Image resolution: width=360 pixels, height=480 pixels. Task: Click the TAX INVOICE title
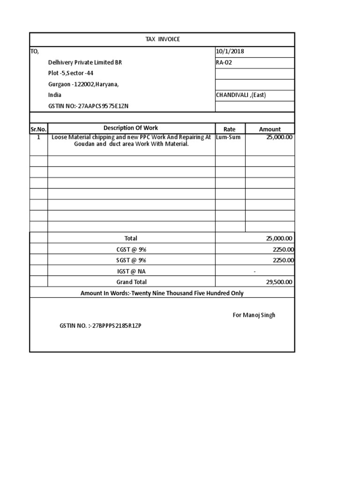click(162, 39)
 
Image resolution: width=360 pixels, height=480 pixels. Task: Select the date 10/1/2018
click(227, 52)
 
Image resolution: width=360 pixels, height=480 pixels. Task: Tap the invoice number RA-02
click(224, 62)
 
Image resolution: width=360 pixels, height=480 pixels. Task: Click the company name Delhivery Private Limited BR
click(85, 62)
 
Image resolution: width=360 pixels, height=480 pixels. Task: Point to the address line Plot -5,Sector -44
click(74, 73)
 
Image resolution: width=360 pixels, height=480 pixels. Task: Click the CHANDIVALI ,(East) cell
click(240, 95)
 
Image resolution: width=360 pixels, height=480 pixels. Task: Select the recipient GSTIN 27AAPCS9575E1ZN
click(89, 106)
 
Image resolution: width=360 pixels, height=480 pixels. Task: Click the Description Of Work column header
click(131, 128)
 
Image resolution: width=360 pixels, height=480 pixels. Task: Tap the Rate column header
click(229, 129)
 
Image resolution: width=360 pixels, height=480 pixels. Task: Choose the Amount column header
click(270, 129)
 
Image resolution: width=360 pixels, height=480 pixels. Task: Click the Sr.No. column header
click(38, 129)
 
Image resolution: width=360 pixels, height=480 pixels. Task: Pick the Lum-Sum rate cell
click(228, 137)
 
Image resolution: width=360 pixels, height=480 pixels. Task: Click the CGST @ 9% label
click(131, 250)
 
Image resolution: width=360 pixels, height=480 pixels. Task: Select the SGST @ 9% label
click(131, 261)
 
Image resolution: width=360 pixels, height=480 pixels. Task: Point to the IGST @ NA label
click(131, 271)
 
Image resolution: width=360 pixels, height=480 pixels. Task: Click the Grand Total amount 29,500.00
click(279, 282)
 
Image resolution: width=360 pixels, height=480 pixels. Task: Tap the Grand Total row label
click(131, 282)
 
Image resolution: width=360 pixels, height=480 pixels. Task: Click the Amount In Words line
click(162, 293)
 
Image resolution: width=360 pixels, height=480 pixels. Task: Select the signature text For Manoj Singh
click(254, 315)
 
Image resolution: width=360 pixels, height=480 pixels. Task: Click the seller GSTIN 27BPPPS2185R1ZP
click(100, 326)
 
